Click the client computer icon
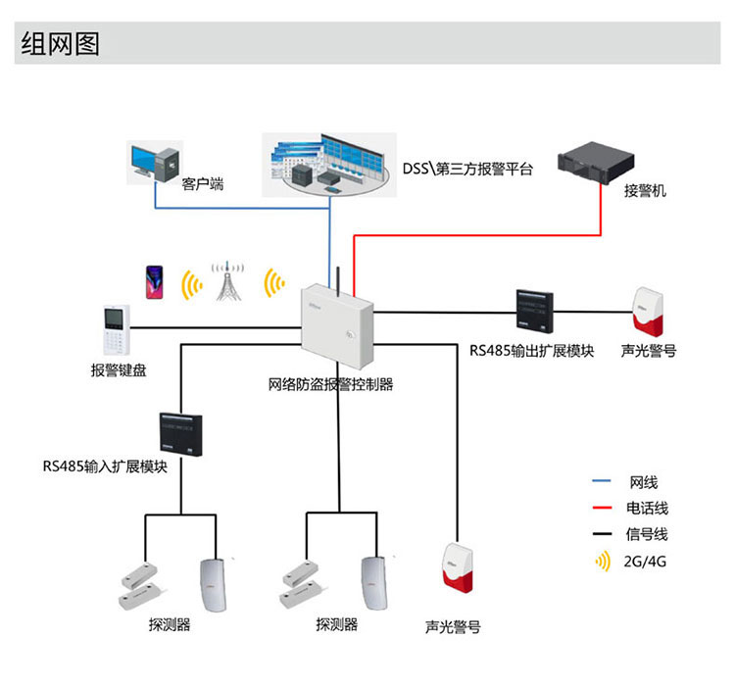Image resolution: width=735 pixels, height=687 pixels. (x=155, y=163)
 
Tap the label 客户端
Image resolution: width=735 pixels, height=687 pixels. (x=203, y=182)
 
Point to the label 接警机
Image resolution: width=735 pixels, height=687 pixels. (x=645, y=191)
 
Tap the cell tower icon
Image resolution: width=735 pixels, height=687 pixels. (x=229, y=282)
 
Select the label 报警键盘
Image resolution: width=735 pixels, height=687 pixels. (x=118, y=370)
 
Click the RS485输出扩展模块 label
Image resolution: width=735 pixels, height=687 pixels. (x=531, y=350)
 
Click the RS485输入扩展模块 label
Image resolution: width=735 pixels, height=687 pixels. (x=105, y=466)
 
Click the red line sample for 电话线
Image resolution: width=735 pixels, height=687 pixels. (x=602, y=509)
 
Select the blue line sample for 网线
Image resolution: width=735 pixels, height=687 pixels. (x=602, y=482)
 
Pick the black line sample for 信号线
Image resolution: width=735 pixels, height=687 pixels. (x=602, y=535)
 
